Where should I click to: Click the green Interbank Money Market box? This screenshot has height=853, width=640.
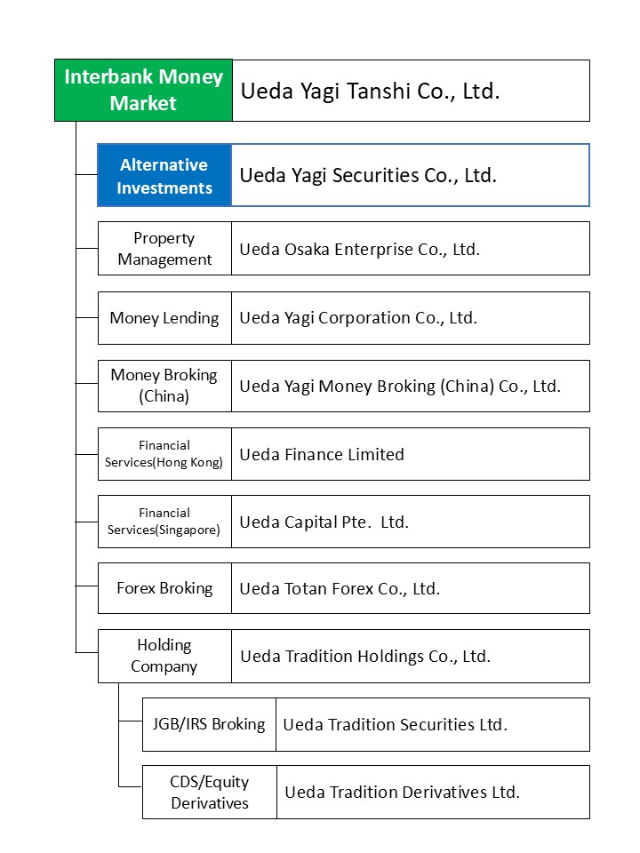click(143, 90)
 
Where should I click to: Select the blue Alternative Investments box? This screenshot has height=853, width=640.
click(164, 176)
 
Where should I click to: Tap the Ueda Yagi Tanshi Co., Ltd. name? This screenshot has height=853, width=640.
click(370, 91)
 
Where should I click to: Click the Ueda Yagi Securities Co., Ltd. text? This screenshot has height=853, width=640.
click(368, 175)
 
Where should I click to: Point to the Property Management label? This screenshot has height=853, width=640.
click(164, 249)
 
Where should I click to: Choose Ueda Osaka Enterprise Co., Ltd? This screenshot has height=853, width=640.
click(359, 249)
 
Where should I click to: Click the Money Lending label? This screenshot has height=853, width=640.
click(164, 318)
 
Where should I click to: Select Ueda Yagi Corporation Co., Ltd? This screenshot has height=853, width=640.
click(358, 318)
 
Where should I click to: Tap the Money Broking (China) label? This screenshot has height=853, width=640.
click(164, 386)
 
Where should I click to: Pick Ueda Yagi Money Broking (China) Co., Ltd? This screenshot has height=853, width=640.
click(400, 387)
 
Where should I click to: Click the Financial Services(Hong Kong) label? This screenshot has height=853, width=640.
click(164, 454)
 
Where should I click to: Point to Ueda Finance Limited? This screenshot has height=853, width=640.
click(322, 454)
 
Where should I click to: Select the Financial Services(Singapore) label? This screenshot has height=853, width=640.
click(164, 522)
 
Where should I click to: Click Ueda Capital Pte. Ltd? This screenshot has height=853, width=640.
click(324, 522)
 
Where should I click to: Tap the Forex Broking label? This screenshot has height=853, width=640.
click(164, 588)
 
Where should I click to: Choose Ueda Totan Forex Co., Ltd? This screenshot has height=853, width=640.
click(340, 588)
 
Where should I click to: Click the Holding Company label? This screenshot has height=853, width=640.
click(164, 656)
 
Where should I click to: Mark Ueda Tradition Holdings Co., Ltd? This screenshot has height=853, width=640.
click(365, 657)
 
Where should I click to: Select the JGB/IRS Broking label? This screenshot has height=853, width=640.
click(209, 724)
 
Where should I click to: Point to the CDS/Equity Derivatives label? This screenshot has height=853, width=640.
click(209, 792)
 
